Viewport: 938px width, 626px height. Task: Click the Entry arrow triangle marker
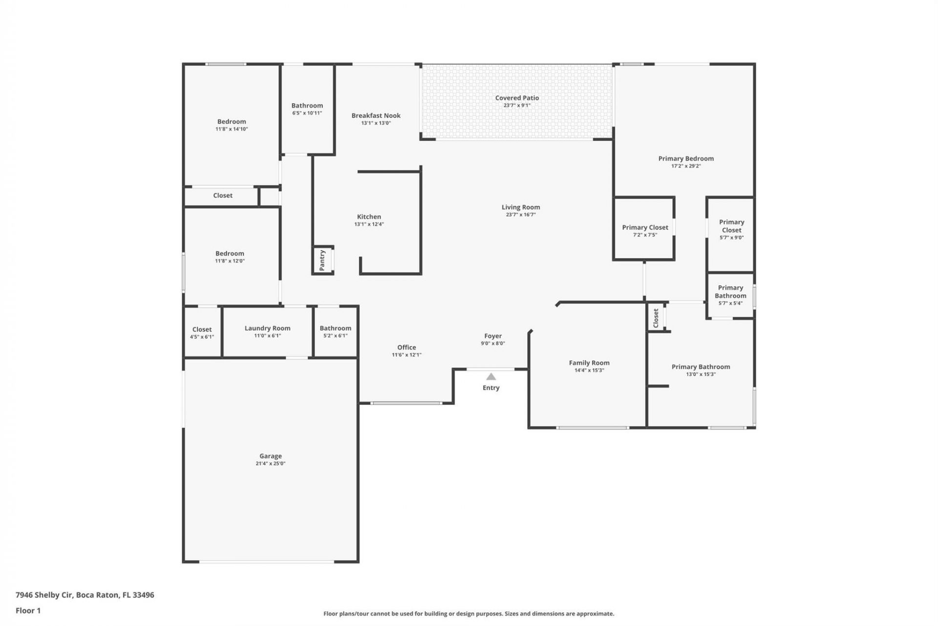pos(491,377)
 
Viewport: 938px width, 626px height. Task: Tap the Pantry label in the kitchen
pos(322,260)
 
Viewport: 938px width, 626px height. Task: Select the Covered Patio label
pos(517,98)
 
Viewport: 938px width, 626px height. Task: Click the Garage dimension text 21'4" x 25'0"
pos(270,464)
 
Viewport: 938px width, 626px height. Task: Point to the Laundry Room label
pos(267,328)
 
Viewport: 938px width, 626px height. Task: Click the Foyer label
pos(493,336)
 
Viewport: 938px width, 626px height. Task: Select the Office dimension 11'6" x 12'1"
pos(406,355)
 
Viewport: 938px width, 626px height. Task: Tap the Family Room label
pos(589,363)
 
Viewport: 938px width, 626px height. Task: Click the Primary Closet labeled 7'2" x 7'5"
pos(645,227)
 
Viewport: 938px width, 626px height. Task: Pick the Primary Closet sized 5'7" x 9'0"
pos(731,226)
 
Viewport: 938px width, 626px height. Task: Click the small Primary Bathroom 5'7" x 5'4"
pos(730,292)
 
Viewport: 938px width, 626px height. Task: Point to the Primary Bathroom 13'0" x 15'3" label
pos(701,367)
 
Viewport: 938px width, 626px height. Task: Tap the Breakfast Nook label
pos(376,116)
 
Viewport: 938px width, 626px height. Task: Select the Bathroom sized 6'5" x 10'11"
pos(307,106)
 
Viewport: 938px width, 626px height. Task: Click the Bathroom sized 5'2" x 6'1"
pos(335,329)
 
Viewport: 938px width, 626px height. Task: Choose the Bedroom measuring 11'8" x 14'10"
pos(232,122)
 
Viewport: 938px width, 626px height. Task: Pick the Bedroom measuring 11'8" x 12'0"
pos(230,254)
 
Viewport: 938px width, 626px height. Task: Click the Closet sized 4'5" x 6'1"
pos(202,330)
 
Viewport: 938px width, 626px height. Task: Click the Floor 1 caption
pos(28,611)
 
